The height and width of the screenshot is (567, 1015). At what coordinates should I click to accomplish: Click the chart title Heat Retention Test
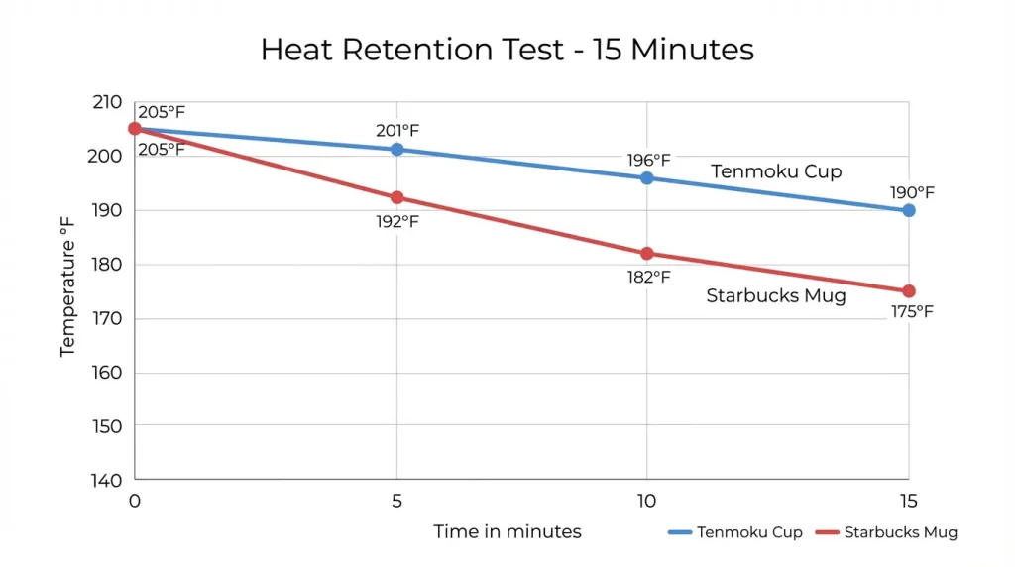click(507, 50)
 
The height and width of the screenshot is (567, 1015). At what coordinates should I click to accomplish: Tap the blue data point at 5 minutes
click(396, 150)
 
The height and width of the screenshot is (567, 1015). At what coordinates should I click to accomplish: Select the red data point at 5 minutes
click(396, 197)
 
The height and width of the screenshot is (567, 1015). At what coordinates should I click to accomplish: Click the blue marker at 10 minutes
click(647, 178)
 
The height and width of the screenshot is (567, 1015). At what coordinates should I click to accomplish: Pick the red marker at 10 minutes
click(647, 254)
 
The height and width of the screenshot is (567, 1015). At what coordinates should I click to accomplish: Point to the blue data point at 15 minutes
click(908, 210)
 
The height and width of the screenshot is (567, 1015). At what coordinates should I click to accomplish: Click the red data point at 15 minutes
click(908, 291)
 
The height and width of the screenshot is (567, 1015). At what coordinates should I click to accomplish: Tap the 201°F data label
click(397, 130)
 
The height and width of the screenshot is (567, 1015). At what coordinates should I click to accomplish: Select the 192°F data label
click(397, 221)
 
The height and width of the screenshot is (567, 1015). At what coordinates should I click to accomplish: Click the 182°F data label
click(648, 277)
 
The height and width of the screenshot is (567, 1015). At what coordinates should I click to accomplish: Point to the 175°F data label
click(912, 311)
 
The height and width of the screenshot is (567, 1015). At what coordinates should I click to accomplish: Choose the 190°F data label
click(912, 192)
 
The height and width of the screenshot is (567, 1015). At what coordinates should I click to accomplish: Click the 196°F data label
click(648, 159)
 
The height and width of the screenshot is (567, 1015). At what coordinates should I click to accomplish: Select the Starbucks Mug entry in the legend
click(886, 532)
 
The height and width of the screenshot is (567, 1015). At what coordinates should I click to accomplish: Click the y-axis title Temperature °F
click(67, 290)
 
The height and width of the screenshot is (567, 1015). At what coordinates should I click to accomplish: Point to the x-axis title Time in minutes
click(507, 531)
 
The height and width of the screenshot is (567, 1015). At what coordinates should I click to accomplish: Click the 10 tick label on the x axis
click(646, 502)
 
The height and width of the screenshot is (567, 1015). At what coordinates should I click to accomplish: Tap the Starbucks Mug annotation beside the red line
click(776, 295)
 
